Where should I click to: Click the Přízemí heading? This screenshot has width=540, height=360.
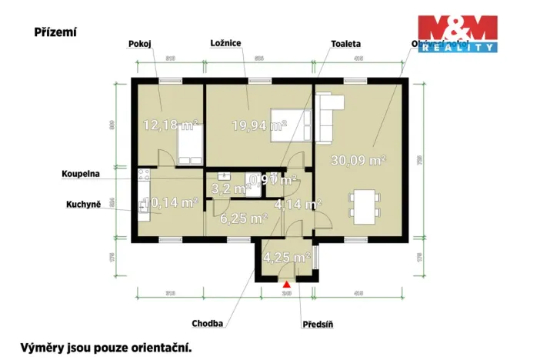click(x=55, y=32)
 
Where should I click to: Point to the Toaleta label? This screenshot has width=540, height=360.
click(x=346, y=45)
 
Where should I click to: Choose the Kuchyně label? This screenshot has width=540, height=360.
click(x=83, y=204)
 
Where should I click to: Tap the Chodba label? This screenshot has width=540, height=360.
click(x=208, y=324)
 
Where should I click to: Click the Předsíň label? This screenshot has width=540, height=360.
click(x=316, y=324)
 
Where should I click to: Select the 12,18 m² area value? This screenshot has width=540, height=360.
click(x=171, y=125)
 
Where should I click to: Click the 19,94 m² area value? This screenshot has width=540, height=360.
click(x=259, y=125)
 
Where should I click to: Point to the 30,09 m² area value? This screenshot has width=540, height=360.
click(x=358, y=160)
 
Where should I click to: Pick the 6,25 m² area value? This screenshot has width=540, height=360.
click(x=243, y=218)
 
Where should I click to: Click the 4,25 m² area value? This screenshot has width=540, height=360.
click(x=286, y=257)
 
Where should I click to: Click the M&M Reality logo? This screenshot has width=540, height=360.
click(x=457, y=34)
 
